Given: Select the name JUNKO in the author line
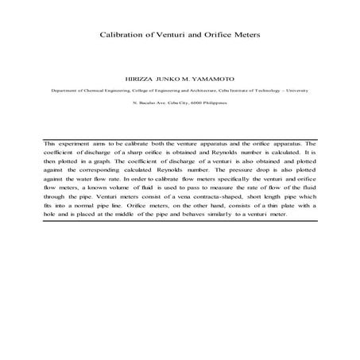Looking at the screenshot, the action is (x=168, y=80).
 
